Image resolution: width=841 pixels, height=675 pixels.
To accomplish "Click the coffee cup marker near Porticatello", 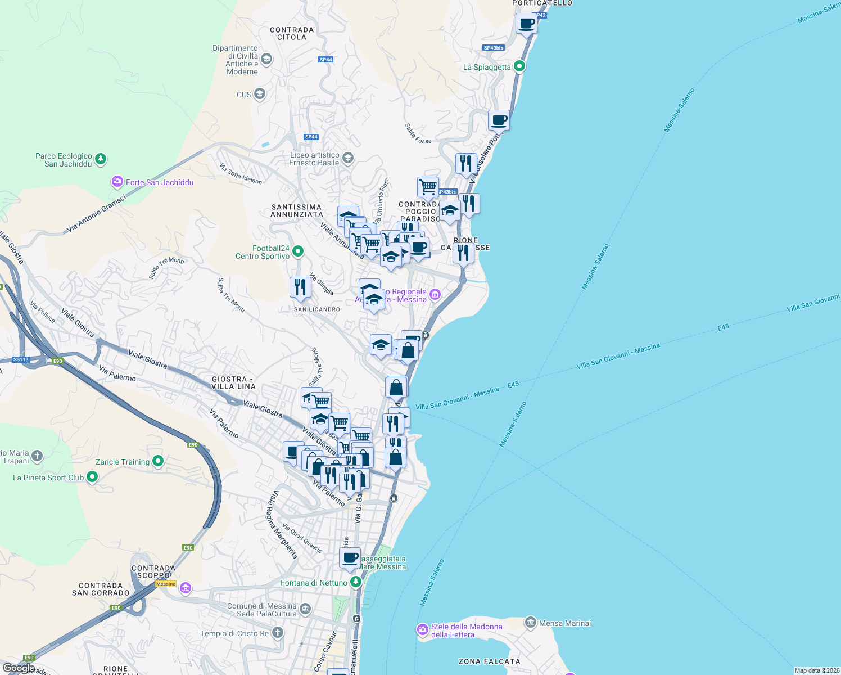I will coord(526,24).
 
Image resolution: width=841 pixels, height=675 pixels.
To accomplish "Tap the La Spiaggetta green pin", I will coord(519,66).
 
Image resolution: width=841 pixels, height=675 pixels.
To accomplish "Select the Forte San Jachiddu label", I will coord(160,182).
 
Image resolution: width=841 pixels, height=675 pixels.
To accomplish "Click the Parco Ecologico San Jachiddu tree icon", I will coord(101,159).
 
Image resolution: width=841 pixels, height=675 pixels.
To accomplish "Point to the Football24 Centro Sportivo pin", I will coord(298,251).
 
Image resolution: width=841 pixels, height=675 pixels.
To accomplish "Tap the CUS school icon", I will coord(260,93).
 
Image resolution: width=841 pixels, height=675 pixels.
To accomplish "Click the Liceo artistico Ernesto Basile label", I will coord(314,159).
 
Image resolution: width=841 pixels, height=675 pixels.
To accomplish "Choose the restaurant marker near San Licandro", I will coord(300,287).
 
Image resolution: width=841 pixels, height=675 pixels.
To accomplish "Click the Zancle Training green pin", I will coord(158,461).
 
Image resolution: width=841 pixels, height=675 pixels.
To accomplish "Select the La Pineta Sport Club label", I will coord(48,478).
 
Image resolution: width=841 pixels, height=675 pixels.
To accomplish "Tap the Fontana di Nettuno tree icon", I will coord(355,582).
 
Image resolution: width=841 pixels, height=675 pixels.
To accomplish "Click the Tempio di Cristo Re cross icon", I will coord(277,633).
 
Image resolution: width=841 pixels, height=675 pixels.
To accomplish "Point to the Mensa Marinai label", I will coord(565,623).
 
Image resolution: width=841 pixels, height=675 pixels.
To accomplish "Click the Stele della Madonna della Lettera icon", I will coord(423,629).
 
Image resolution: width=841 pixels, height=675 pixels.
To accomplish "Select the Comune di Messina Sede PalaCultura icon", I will coord(305,609).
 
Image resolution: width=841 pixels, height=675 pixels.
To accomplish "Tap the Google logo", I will coord(19,668).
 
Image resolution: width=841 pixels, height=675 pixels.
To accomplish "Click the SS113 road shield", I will coord(21,359).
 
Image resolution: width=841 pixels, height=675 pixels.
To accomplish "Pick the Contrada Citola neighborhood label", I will coord(292,34).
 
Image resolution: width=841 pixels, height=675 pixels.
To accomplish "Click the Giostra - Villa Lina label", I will coord(233,383).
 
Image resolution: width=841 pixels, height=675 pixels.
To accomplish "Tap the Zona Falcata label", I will coord(489,661).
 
